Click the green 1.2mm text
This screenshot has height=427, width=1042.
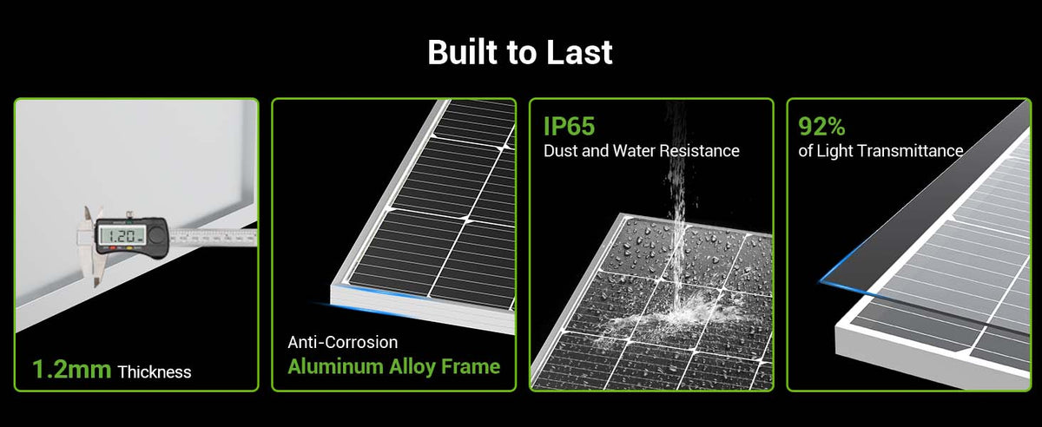point(71,370)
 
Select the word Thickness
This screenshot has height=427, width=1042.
point(155,372)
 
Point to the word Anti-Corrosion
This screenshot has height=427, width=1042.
point(343,342)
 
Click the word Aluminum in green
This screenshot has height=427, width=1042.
point(335,366)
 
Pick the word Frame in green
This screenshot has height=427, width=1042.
point(471,366)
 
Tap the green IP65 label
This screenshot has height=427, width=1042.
point(569,126)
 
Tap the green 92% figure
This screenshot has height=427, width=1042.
point(821,126)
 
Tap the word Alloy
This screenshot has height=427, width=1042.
point(412,367)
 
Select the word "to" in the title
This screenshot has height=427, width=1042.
point(522,53)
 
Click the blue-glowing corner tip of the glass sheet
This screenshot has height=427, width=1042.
point(820,282)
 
